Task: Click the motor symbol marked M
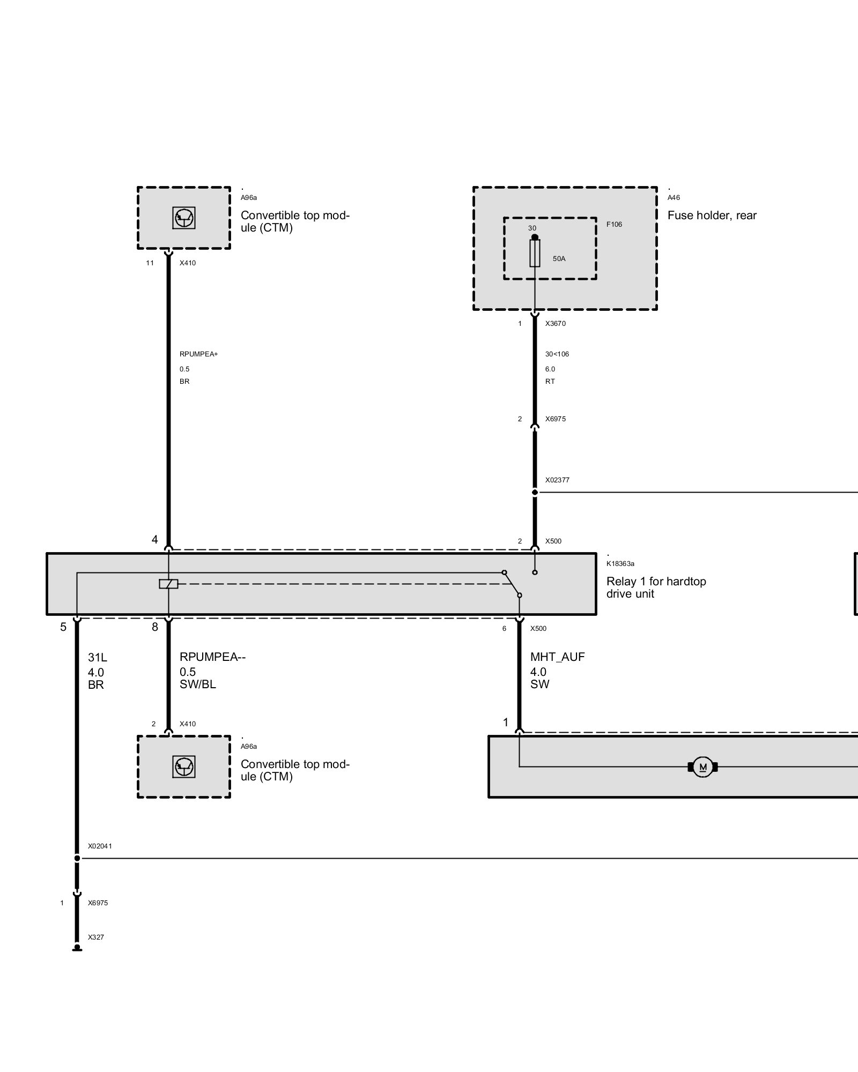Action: [702, 767]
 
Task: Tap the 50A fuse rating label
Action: [559, 259]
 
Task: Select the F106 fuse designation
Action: [614, 225]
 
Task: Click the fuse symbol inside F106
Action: [535, 253]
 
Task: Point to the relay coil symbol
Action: [168, 584]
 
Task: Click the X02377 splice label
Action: [557, 480]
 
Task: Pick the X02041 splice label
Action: [100, 846]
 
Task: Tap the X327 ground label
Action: [96, 937]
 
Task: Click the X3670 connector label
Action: [555, 324]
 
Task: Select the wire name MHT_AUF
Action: [557, 657]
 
